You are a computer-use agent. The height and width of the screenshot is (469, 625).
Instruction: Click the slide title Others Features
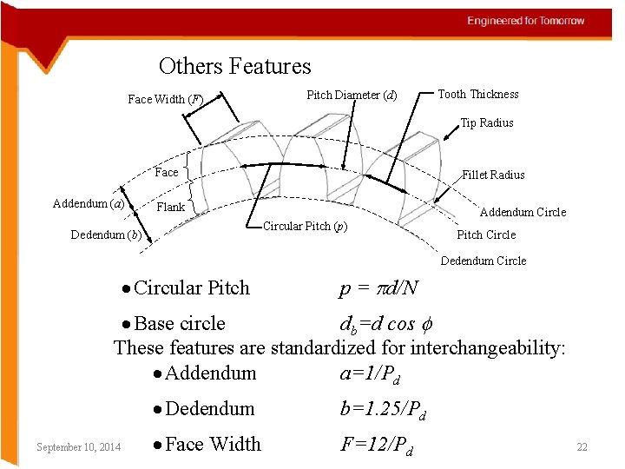[234, 66]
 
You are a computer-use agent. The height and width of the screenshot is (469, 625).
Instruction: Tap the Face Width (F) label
[165, 100]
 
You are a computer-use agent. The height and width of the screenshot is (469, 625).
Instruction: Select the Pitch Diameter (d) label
[352, 95]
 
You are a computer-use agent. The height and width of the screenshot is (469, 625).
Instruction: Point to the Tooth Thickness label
[477, 95]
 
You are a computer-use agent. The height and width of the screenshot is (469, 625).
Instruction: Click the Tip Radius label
[486, 123]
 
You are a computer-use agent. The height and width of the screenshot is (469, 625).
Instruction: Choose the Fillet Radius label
[493, 175]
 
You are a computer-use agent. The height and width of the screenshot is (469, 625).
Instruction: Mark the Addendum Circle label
[523, 213]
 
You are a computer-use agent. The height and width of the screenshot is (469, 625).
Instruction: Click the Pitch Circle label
[486, 235]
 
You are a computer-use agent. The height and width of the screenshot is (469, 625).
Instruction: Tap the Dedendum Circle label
[484, 261]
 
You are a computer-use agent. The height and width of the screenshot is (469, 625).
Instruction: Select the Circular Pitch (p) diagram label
[305, 227]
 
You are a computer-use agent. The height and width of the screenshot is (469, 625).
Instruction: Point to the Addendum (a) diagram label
[89, 204]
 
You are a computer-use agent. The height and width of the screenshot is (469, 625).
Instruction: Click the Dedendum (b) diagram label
[106, 235]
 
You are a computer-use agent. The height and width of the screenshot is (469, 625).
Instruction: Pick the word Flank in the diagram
[170, 208]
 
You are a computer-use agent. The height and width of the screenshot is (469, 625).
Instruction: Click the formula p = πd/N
[379, 288]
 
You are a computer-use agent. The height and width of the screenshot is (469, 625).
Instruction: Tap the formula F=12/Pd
[377, 446]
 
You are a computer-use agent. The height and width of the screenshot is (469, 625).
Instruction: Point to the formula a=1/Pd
[370, 374]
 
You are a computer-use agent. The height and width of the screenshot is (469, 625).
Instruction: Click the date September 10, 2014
[79, 447]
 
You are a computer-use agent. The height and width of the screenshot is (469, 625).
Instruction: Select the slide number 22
[582, 447]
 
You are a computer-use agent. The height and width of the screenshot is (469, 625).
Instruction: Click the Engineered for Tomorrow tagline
[526, 21]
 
